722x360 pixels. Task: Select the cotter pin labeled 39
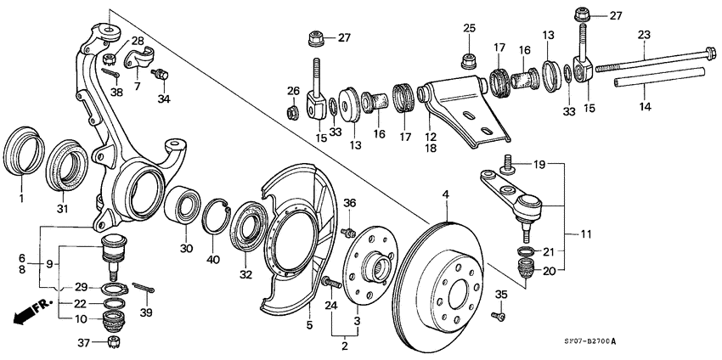coord(147,290)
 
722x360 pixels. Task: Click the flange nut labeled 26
coord(291,110)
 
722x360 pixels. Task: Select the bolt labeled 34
coord(159,76)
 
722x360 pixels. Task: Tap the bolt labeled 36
coord(347,232)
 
